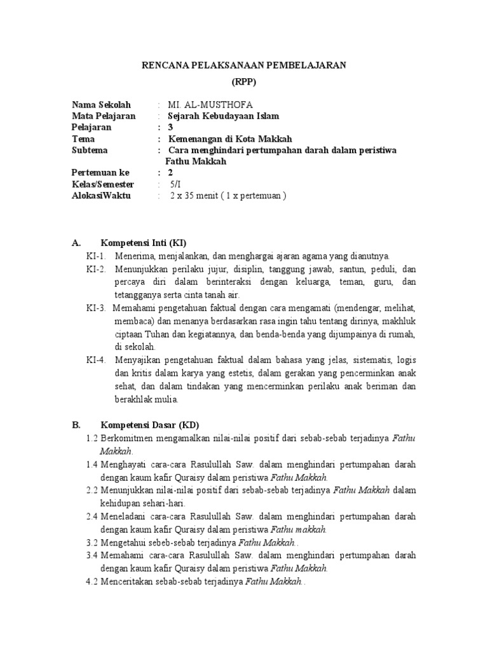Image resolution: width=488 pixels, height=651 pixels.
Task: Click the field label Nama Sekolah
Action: [x=101, y=104]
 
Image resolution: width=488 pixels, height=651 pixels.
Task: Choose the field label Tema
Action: [x=83, y=139]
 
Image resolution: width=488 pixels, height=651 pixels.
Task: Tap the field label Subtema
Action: [x=90, y=150]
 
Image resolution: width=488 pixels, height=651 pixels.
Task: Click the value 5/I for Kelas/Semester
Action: [x=175, y=184]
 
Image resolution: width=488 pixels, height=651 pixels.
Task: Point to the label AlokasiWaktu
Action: [x=101, y=196]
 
